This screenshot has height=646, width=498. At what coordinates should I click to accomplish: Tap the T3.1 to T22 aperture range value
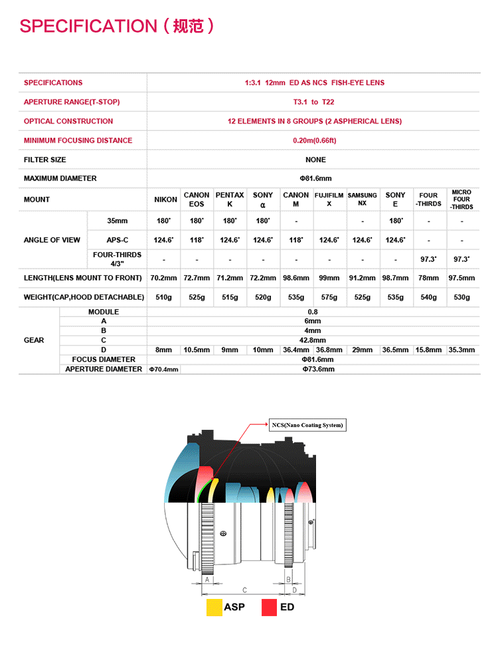click(314, 102)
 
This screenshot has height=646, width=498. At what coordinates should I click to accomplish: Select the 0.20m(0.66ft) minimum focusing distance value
click(314, 141)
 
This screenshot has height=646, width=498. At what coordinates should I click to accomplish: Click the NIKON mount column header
click(165, 200)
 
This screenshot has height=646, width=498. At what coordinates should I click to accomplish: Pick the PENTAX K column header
click(230, 200)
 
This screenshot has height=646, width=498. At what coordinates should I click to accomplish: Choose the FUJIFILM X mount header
click(329, 200)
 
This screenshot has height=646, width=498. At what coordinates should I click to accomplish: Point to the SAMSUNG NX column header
click(362, 200)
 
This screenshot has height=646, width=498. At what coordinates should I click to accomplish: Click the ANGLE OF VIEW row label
click(52, 240)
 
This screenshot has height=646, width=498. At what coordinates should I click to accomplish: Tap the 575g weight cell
click(329, 298)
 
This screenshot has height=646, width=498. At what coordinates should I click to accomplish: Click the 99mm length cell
click(329, 278)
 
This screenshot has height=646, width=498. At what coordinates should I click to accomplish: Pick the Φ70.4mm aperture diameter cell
click(163, 369)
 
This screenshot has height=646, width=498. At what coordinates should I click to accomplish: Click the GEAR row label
click(34, 340)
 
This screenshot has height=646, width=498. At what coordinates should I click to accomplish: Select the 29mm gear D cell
click(362, 350)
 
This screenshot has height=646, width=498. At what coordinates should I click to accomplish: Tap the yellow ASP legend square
click(214, 607)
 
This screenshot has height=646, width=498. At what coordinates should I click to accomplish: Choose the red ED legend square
click(269, 607)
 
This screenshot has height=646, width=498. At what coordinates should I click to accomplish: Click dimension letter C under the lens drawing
click(244, 590)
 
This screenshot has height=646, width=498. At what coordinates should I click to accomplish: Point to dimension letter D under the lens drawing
click(294, 590)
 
